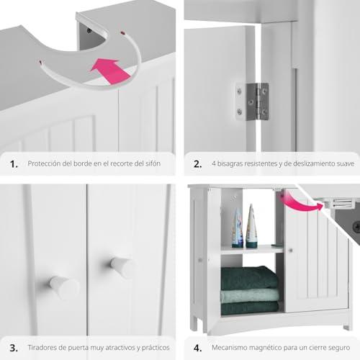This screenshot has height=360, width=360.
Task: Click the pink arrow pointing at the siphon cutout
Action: [111, 71]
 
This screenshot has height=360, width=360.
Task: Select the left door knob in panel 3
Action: [64, 287]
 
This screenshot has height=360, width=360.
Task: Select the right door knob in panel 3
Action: [123, 266]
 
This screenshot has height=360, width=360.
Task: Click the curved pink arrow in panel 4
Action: [300, 203]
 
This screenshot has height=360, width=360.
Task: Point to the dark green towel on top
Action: [249, 277]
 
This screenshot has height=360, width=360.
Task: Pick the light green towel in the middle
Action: [250, 296]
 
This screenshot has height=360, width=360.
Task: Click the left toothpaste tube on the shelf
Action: [237, 228]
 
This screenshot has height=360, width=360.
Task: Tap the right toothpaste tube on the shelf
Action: [251, 225]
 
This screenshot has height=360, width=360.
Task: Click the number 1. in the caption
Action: [14, 164]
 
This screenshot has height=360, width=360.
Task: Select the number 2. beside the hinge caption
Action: [197, 164]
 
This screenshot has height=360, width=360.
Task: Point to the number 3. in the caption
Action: [14, 348]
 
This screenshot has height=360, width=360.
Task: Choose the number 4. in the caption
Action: [197, 348]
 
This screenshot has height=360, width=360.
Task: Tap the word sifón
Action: [153, 163]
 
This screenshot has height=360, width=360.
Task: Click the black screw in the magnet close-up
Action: [356, 226]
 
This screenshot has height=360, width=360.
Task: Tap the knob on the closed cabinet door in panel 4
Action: [290, 251]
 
